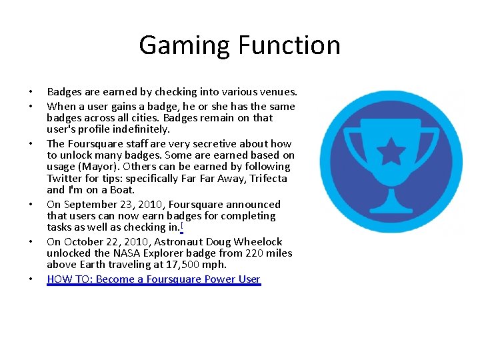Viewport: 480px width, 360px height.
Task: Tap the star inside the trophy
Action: (x=392, y=151)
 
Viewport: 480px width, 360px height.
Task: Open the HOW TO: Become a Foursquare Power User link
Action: (x=153, y=279)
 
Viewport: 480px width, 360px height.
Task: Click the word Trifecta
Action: (x=269, y=179)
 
